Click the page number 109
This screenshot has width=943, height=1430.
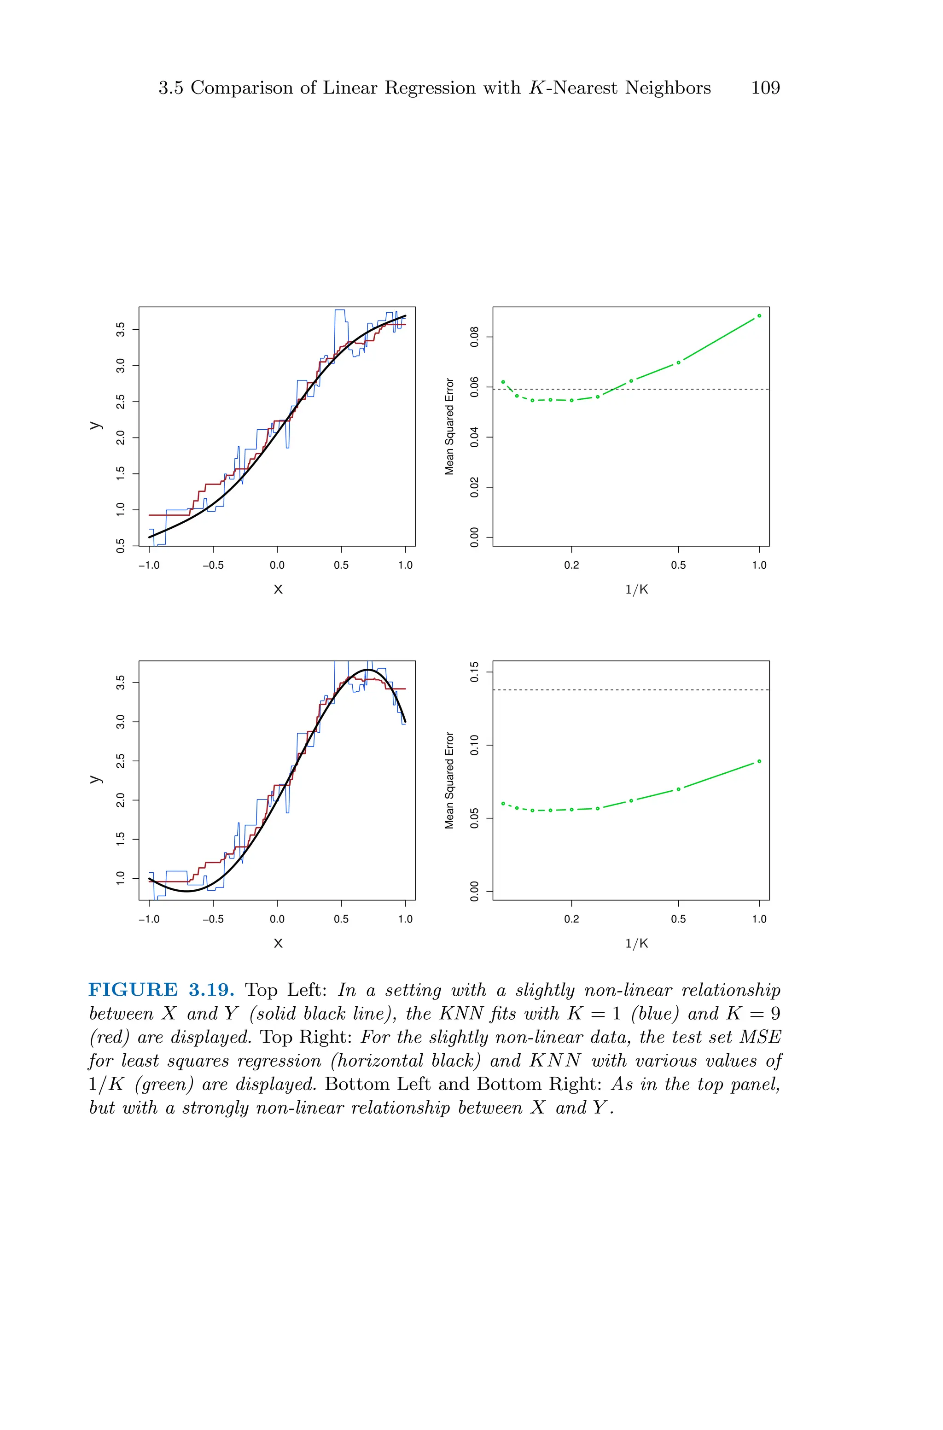click(765, 88)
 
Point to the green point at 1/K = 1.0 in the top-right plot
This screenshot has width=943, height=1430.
click(759, 316)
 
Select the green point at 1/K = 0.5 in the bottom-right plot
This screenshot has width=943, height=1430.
click(678, 789)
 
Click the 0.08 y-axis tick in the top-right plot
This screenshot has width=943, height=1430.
click(475, 337)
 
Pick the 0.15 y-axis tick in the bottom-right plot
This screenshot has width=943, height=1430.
click(475, 671)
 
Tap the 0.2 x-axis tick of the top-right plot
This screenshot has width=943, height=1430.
click(571, 565)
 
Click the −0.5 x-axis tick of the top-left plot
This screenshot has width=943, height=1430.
click(213, 565)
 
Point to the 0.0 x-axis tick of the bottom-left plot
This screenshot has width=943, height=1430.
click(277, 919)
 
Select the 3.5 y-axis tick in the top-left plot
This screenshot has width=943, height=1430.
click(120, 330)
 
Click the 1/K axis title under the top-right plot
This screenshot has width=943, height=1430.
click(637, 590)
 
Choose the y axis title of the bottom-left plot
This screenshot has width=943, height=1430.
click(94, 779)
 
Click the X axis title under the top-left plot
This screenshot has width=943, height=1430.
click(278, 590)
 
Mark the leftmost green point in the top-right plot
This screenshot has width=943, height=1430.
click(503, 382)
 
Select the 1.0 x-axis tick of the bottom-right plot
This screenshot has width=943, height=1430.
click(759, 919)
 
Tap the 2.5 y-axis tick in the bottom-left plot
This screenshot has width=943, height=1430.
click(120, 761)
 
